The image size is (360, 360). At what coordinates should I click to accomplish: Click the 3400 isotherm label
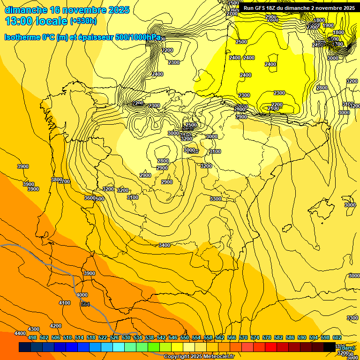pos(165,245)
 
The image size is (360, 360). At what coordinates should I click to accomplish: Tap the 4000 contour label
pos(82,295)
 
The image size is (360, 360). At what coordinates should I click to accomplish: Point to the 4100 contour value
pos(65,303)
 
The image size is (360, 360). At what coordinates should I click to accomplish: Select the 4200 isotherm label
pos(56,326)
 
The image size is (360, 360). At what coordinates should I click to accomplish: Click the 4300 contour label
pos(34,330)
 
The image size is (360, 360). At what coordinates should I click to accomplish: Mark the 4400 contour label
pos(20,333)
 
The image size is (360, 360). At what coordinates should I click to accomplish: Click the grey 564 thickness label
pos(85,305)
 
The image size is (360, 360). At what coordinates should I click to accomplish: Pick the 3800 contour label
pos(57,180)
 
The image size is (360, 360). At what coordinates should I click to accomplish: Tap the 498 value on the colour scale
pos(32,337)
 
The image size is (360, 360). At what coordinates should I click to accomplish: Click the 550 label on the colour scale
pos(184,337)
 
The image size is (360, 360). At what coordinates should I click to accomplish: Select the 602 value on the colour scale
pos(337,337)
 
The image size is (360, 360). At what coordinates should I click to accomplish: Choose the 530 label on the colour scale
pos(126,337)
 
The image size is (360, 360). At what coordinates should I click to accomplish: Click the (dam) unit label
pos(347,348)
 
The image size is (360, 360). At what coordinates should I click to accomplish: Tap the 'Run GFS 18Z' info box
pos(299,8)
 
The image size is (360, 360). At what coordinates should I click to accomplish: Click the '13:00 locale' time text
pos(36,21)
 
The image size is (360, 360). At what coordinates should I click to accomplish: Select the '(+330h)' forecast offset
pos(83,21)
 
